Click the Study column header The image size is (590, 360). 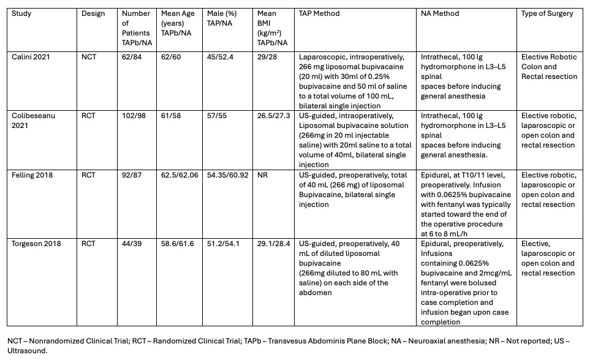coord(21,13)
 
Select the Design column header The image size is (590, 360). coord(93,13)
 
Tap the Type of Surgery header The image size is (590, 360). coord(547,13)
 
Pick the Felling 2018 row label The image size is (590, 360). coord(32,176)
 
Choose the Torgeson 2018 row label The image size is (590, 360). coord(36,244)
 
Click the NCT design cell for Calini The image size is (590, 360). coord(90,58)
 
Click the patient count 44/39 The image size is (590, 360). coord(132,244)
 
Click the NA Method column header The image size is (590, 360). coord(441,13)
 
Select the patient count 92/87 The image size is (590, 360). coord(132,176)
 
